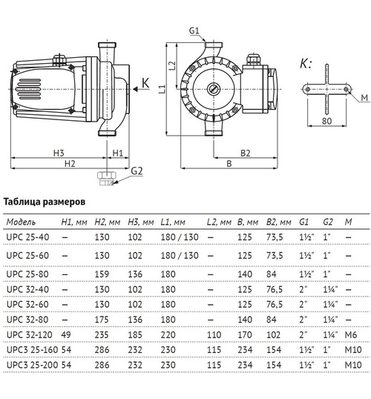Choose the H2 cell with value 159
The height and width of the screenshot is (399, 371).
(x=105, y=274)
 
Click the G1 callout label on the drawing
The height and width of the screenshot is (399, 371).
(x=195, y=30)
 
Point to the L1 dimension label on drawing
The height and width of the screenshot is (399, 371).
(x=162, y=90)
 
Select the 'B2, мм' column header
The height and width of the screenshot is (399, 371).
(x=277, y=221)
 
